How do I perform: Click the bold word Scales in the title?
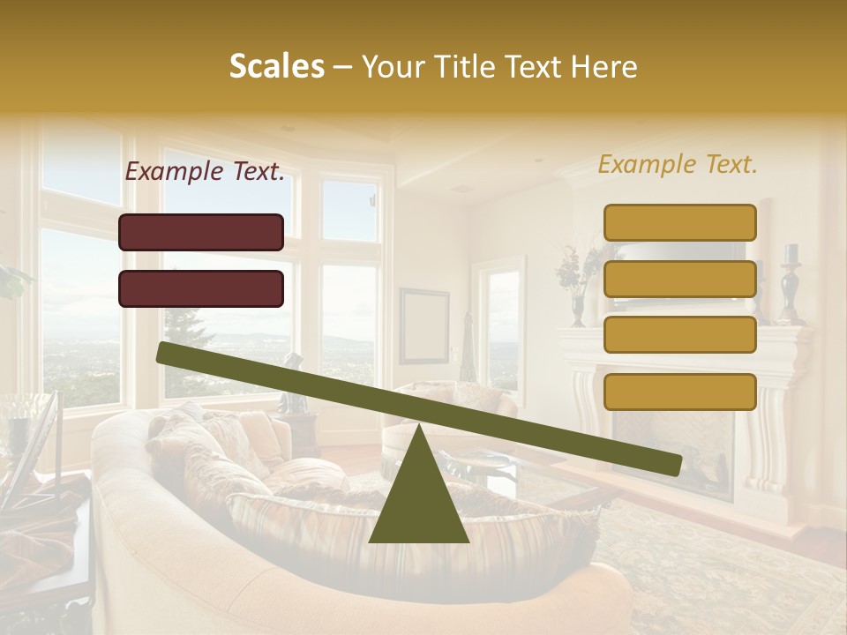point(276,67)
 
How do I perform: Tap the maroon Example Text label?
point(205,172)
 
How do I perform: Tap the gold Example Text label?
point(678,164)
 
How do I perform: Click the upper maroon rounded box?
point(201,232)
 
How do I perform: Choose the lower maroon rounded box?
point(201,288)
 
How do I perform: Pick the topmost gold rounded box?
point(680,222)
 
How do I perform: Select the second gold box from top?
point(680,279)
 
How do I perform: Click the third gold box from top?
point(680,335)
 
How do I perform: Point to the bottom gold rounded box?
point(680,392)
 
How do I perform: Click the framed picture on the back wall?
point(423,325)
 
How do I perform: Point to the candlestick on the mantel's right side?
point(790,291)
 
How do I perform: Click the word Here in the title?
point(603,67)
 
